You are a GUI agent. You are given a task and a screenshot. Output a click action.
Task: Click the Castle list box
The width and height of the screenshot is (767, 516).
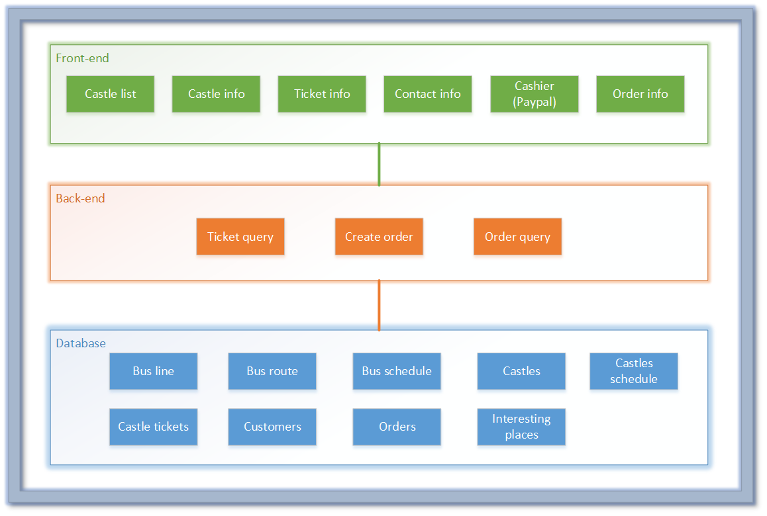[x=110, y=94]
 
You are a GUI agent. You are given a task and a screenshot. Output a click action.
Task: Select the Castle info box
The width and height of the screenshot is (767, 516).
[x=216, y=94]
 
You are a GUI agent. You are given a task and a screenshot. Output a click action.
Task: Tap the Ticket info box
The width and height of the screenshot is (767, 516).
[x=322, y=94]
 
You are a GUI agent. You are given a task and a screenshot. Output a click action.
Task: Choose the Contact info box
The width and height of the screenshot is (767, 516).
[x=428, y=94]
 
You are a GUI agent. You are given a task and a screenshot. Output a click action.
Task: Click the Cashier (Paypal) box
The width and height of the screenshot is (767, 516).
[x=535, y=94]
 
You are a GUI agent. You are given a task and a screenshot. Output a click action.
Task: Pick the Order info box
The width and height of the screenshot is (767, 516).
[x=640, y=94]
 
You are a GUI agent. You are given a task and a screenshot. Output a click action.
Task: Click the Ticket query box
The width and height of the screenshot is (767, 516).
[x=240, y=237]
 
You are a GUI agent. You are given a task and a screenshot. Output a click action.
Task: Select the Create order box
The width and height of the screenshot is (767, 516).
[x=379, y=237]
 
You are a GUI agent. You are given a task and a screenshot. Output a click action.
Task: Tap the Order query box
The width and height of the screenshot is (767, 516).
[x=517, y=237]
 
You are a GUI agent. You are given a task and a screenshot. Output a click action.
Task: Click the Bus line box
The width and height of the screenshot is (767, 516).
[x=153, y=371]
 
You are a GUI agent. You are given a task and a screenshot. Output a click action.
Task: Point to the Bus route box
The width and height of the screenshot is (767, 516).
[x=272, y=371]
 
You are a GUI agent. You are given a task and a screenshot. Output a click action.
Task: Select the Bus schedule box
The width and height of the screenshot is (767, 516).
[x=397, y=371]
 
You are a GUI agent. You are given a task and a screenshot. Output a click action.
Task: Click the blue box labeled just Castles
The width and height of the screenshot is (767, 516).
[x=521, y=371]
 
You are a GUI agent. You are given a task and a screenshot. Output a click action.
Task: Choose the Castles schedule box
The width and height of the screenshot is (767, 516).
[x=634, y=371]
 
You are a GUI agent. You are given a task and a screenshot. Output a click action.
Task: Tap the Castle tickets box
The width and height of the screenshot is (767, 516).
[x=153, y=427]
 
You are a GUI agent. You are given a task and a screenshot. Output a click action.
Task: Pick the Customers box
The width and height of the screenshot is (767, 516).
[x=272, y=427]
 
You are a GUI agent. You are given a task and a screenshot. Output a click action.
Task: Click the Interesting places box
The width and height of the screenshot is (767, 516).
[x=521, y=427]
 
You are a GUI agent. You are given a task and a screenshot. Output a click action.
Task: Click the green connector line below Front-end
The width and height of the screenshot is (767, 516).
[x=379, y=164]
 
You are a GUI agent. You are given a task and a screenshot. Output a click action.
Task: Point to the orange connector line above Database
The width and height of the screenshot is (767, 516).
[x=379, y=305]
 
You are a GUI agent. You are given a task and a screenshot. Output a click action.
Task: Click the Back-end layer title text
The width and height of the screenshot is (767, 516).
[x=80, y=198]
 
